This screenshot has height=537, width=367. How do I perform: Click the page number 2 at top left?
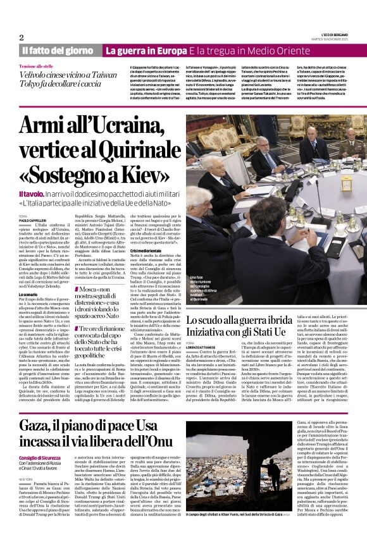(21, 37)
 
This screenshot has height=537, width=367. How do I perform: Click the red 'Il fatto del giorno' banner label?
(58, 50)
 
